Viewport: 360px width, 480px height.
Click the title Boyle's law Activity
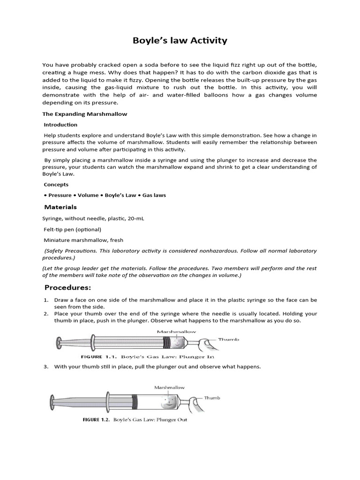pyautogui.click(x=180, y=41)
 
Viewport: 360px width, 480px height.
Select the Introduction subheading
pyautogui.click(x=60, y=125)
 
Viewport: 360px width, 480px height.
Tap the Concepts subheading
pyautogui.click(x=56, y=185)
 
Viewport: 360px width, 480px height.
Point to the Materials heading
pyautogui.click(x=60, y=207)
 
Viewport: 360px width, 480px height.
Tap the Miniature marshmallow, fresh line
pyautogui.click(x=83, y=240)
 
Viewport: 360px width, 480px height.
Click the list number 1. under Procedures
pyautogui.click(x=46, y=300)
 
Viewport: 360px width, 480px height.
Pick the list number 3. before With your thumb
pyautogui.click(x=46, y=367)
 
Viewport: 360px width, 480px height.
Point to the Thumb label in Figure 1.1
pyautogui.click(x=229, y=339)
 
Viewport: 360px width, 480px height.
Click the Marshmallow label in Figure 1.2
pyautogui.click(x=169, y=388)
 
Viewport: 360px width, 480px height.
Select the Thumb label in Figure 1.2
pyautogui.click(x=212, y=398)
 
